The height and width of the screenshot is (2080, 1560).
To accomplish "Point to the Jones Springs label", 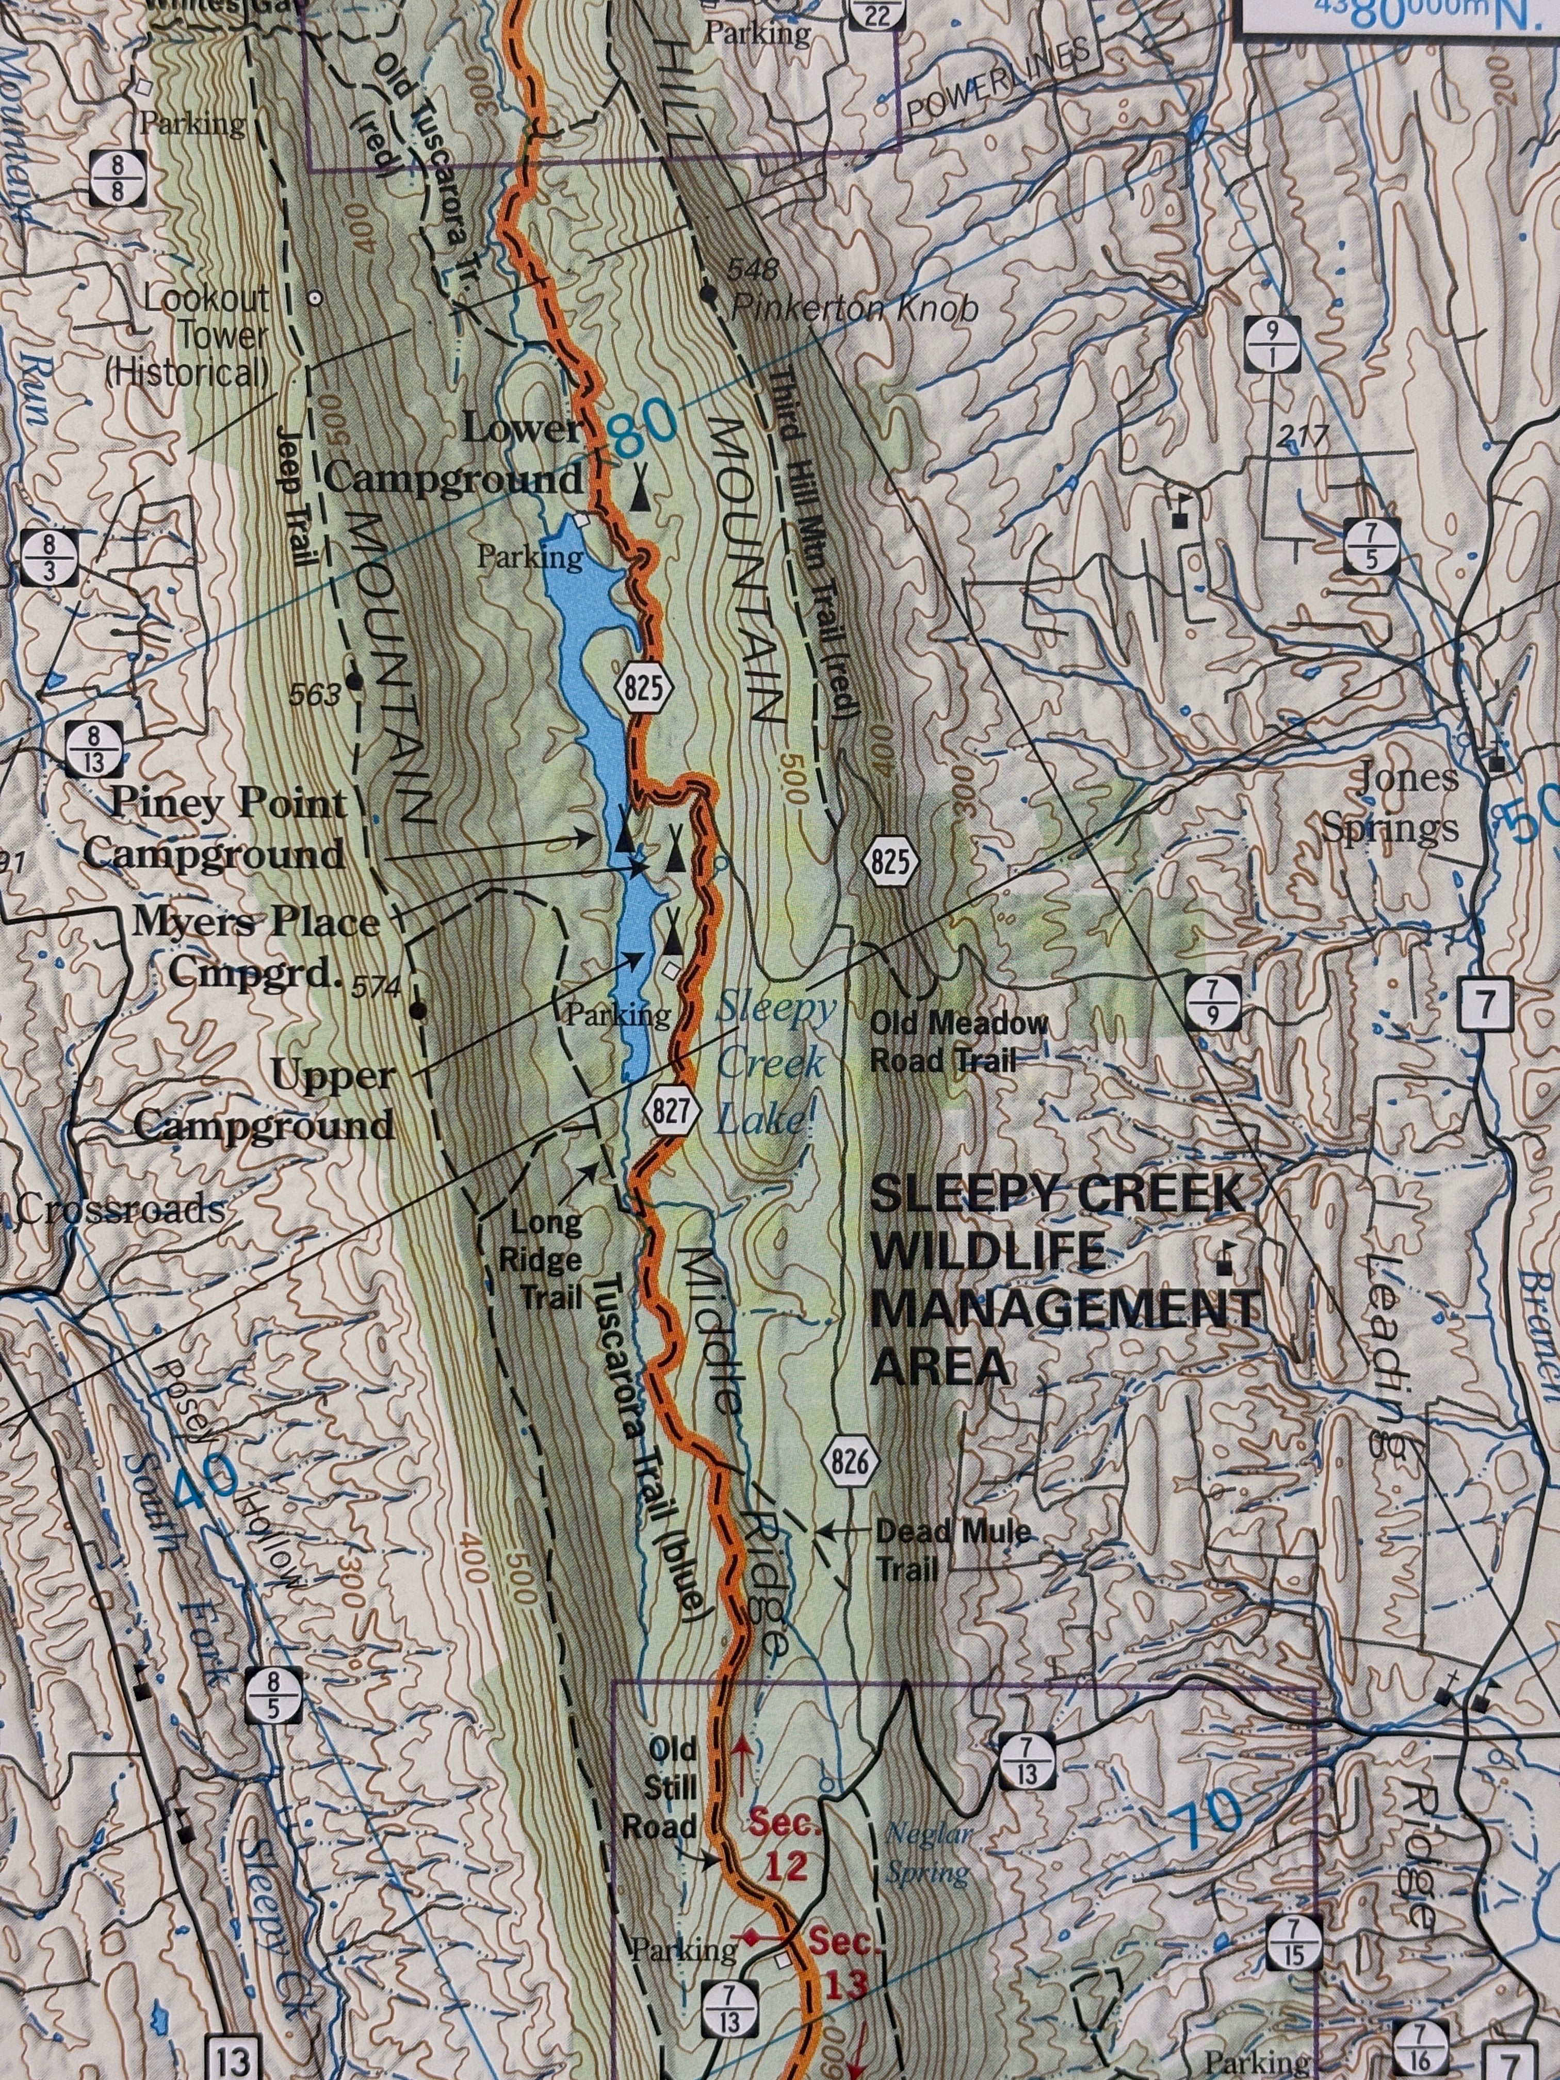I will [x=1391, y=803].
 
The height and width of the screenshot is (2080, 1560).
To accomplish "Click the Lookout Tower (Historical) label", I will [x=188, y=336].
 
